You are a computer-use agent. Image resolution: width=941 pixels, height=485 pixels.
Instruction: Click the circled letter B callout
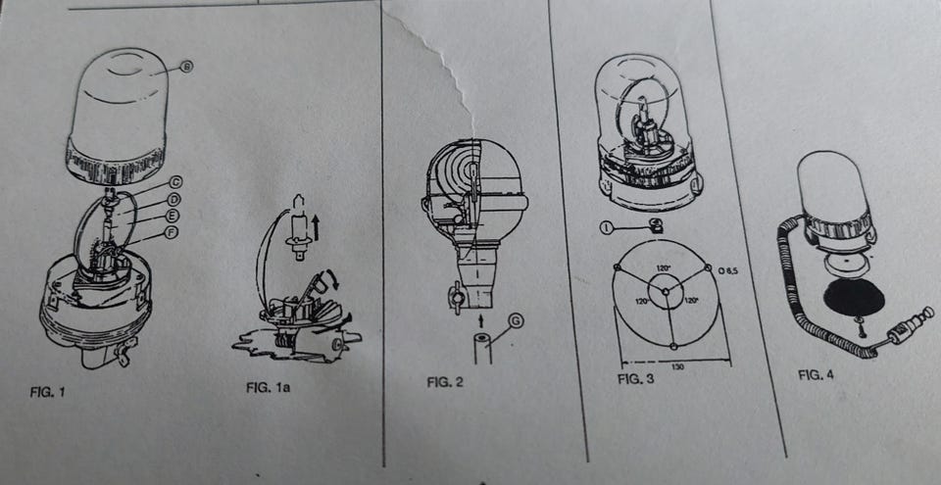(186, 69)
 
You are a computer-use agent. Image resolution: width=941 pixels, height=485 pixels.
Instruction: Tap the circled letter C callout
(176, 181)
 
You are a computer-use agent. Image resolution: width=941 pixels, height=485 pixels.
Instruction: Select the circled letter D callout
(174, 198)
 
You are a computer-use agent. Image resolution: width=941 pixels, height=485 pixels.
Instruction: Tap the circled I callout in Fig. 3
(606, 227)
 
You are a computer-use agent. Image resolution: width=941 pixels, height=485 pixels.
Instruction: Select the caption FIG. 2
(445, 381)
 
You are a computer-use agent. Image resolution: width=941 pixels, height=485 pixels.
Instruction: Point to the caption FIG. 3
(635, 379)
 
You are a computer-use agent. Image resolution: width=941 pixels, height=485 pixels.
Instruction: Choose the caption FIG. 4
(816, 374)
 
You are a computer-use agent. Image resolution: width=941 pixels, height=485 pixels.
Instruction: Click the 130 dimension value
(677, 367)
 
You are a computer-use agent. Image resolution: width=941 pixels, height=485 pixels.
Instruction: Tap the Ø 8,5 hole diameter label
(728, 271)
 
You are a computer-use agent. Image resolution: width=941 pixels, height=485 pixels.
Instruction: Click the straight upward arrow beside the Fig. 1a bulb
(317, 229)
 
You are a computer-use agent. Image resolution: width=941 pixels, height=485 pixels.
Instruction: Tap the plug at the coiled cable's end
(911, 325)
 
